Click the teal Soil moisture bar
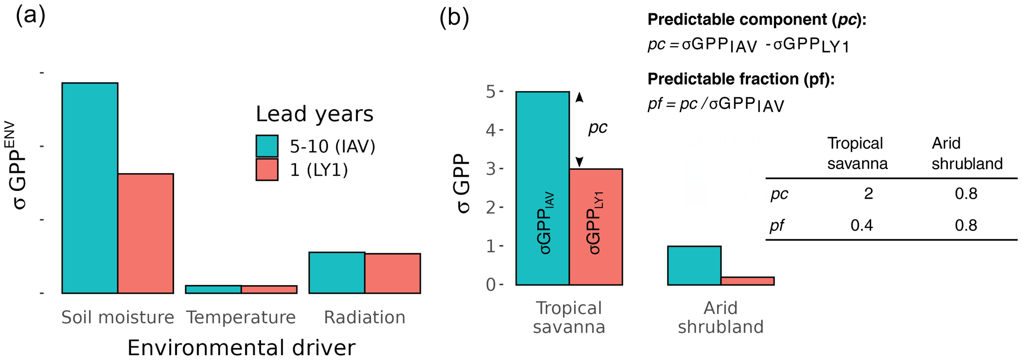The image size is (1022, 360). pos(89,188)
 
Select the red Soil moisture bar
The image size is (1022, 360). pos(145,233)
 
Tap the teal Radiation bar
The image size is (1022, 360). pos(337,272)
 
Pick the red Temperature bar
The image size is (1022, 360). pos(269,290)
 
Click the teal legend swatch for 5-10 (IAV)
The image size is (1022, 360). pos(267,146)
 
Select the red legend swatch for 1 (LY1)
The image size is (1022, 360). pos(267,170)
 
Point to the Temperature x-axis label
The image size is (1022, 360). pos(241,317)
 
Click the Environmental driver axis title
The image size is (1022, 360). pos(241,347)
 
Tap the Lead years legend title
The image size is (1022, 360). pos(314,114)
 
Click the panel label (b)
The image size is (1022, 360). pos(454,18)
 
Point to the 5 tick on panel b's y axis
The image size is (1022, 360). pos(490,91)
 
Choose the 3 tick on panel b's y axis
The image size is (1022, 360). pos(490,169)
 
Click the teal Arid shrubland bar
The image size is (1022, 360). pos(694,266)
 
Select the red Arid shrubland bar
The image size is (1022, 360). pos(748,281)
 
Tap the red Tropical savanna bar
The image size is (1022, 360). pos(596,227)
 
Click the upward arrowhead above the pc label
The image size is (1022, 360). pos(579,97)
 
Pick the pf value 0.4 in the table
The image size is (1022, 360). pos(862,226)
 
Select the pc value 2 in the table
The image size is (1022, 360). pos(868,194)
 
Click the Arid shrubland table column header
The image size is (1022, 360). pos(967,153)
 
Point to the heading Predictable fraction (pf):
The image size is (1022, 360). pos(741,79)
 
